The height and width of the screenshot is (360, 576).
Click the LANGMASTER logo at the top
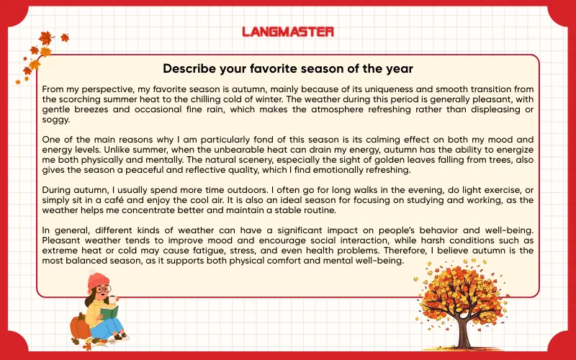click(288, 32)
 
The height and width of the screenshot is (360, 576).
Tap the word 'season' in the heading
click(331, 69)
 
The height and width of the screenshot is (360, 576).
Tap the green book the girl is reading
click(110, 314)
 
